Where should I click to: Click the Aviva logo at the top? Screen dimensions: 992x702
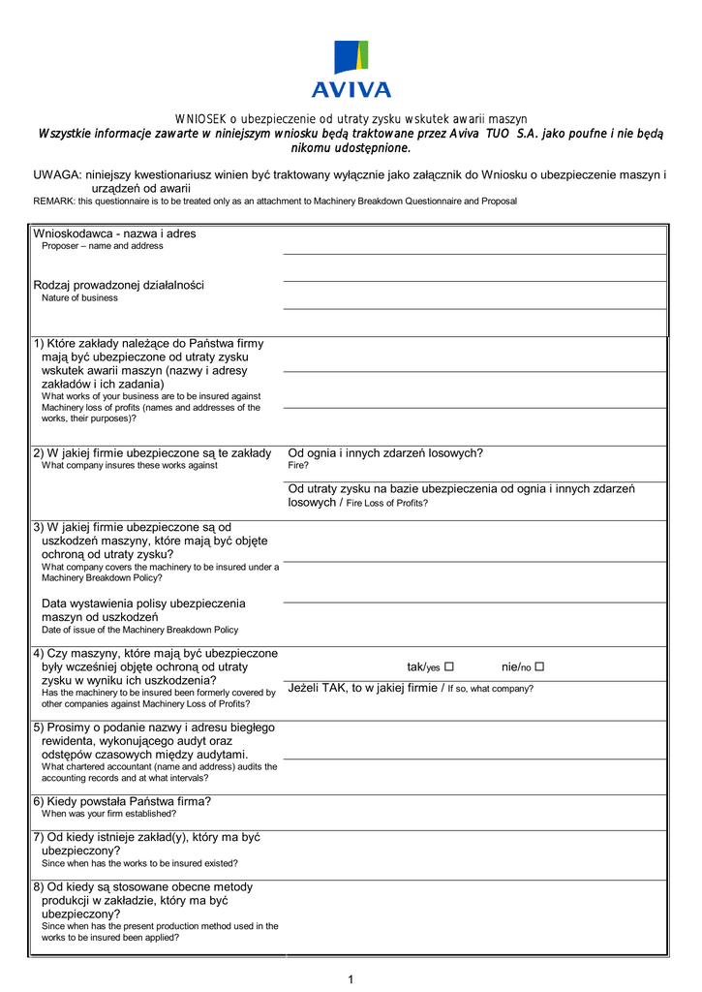coord(351,69)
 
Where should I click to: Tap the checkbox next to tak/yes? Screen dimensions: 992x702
coord(449,666)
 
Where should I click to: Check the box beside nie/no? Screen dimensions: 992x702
coord(539,666)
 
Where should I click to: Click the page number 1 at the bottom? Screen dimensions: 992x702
coord(351,979)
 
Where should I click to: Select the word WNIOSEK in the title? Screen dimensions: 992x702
coord(200,118)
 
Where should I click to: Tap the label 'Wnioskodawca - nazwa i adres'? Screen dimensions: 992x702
coord(114,233)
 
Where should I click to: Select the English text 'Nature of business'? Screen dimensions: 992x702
coord(79,298)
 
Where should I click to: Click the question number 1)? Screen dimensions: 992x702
coord(40,344)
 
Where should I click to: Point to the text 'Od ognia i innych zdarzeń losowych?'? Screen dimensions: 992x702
coord(385,452)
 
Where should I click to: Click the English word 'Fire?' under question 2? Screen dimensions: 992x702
coord(298,466)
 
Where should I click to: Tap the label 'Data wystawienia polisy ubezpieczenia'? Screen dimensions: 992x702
coord(143,604)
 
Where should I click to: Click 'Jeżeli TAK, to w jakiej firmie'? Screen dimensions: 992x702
coord(363,688)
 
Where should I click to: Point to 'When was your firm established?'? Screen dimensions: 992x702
coord(108,814)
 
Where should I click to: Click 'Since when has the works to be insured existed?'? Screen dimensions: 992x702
coord(139,863)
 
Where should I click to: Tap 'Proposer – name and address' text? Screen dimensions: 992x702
coord(102,246)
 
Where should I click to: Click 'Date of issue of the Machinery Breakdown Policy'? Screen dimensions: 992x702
coord(139,630)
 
